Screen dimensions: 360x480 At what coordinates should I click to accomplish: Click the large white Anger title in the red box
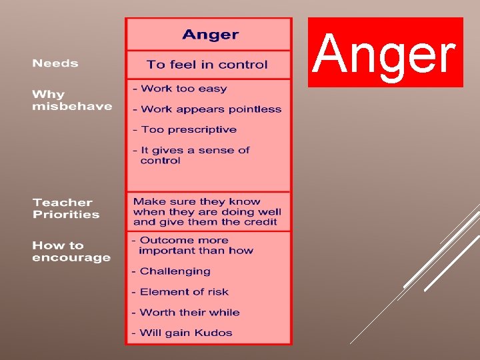(385, 53)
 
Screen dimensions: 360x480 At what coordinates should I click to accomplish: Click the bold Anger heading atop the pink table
(210, 35)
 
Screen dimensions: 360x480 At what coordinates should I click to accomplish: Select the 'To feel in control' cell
(207, 65)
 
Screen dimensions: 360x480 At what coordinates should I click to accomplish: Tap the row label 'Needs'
(55, 63)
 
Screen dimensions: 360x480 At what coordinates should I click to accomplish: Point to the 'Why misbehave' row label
(72, 101)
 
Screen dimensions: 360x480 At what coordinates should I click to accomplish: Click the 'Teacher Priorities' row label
(66, 208)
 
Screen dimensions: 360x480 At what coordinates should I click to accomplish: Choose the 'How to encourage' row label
(71, 251)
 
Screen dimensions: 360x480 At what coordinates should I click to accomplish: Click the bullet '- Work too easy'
(180, 89)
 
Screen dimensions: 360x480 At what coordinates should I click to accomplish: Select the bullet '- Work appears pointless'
(207, 109)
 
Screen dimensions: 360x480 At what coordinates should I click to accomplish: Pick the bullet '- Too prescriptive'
(185, 129)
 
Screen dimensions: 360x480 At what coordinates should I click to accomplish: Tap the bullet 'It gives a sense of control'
(191, 155)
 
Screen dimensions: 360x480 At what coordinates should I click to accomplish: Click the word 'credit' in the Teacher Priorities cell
(261, 222)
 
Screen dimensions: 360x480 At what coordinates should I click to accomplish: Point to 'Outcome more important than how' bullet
(193, 245)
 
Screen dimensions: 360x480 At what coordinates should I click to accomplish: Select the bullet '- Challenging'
(171, 271)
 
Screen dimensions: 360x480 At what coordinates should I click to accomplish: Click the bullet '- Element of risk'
(180, 292)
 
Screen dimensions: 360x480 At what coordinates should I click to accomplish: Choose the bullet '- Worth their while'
(185, 312)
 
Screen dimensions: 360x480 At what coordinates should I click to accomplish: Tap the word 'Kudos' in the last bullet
(214, 333)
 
